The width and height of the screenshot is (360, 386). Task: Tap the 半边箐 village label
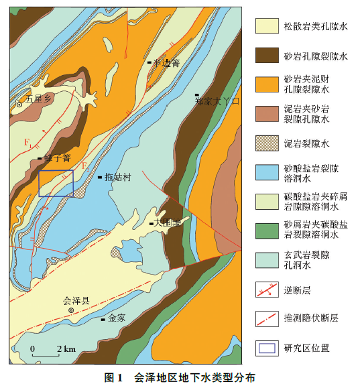[166, 62]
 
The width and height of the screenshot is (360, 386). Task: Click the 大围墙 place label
[167, 223]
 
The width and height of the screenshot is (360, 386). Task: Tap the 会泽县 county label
[76, 300]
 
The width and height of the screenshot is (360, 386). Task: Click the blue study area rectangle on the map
[56, 183]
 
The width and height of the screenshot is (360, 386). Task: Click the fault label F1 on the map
[27, 143]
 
